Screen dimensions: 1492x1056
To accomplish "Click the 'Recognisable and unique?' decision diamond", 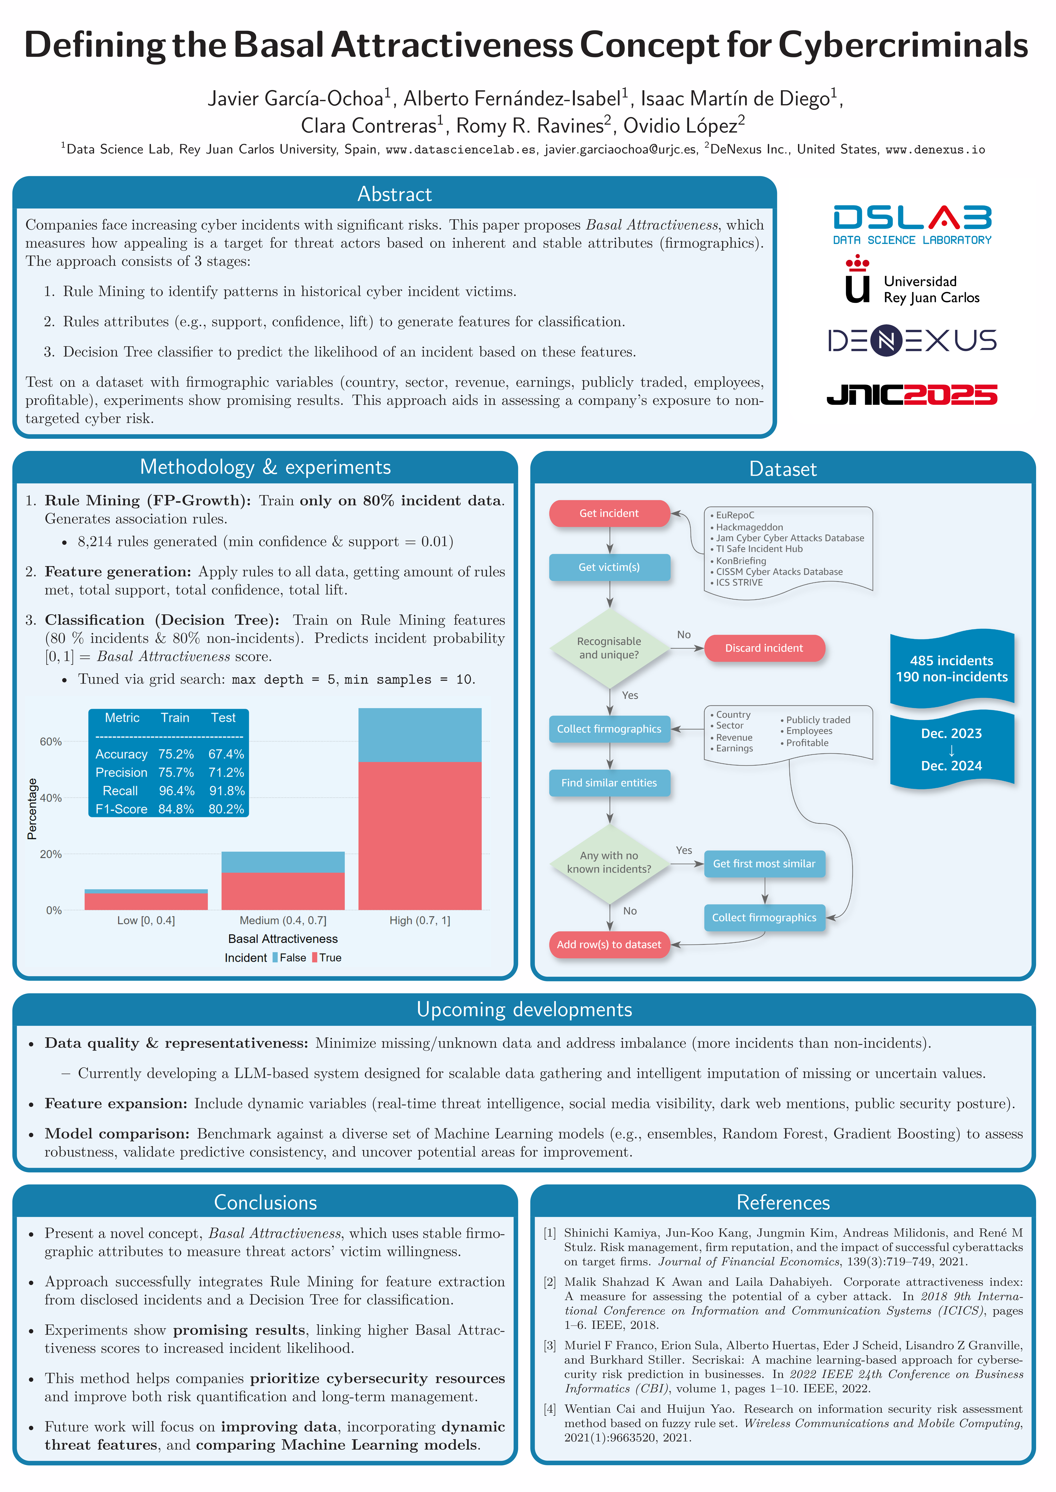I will tap(609, 648).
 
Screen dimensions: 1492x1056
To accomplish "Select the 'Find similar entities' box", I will tap(609, 783).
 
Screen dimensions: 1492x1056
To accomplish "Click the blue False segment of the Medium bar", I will tap(283, 862).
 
